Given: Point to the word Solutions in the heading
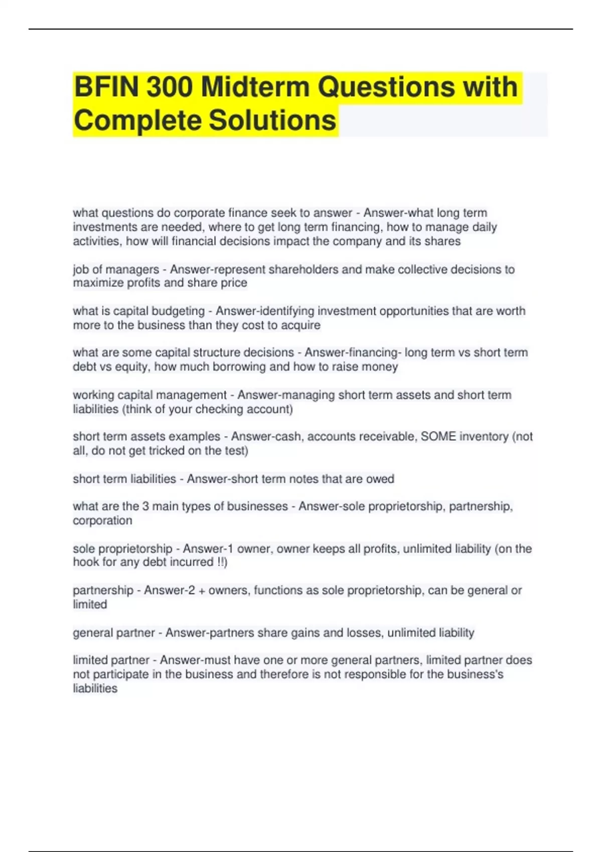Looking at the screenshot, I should point(272,120).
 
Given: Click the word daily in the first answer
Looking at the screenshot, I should point(484,227).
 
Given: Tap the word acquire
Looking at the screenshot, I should point(300,325).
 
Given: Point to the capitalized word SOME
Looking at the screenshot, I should point(438,437).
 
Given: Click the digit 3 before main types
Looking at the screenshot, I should point(145,506).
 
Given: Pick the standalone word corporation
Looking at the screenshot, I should point(102,520).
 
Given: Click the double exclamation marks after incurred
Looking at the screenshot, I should point(221,562).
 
